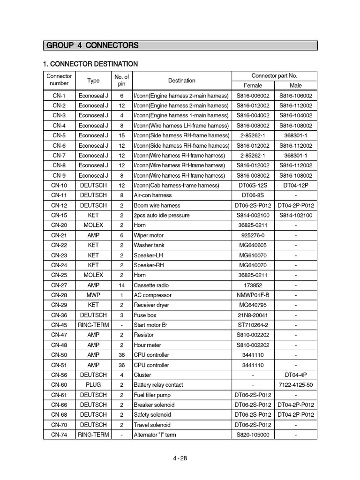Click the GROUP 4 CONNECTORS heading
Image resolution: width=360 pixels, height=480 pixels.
pyautogui.click(x=92, y=45)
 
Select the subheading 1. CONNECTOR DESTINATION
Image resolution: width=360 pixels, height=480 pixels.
pyautogui.click(x=90, y=64)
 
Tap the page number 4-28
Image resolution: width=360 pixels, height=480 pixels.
pyautogui.click(x=180, y=458)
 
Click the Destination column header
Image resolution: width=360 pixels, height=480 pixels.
pyautogui.click(x=182, y=81)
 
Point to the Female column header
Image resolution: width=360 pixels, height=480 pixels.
pyautogui.click(x=253, y=85)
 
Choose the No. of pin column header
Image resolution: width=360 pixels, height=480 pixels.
pyautogui.click(x=121, y=80)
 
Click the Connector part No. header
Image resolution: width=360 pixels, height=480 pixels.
pyautogui.click(x=274, y=75)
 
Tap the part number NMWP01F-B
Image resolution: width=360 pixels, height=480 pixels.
pyautogui.click(x=253, y=295)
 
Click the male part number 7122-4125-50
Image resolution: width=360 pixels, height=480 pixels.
pyautogui.click(x=296, y=385)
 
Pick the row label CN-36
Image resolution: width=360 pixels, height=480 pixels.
pyautogui.click(x=59, y=315)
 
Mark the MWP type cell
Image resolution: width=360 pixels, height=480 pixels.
pyautogui.click(x=93, y=295)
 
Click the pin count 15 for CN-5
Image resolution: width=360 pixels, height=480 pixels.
pyautogui.click(x=121, y=135)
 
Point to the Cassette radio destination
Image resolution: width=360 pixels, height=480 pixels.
pyautogui.click(x=151, y=285)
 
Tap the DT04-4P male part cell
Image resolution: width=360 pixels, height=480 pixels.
pyautogui.click(x=296, y=375)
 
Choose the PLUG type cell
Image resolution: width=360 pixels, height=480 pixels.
pyautogui.click(x=93, y=385)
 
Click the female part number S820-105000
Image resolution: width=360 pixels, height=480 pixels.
pyautogui.click(x=253, y=435)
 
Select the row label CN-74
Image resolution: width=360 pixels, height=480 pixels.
pyautogui.click(x=59, y=435)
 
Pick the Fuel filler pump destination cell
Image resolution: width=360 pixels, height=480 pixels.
pyautogui.click(x=154, y=395)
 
